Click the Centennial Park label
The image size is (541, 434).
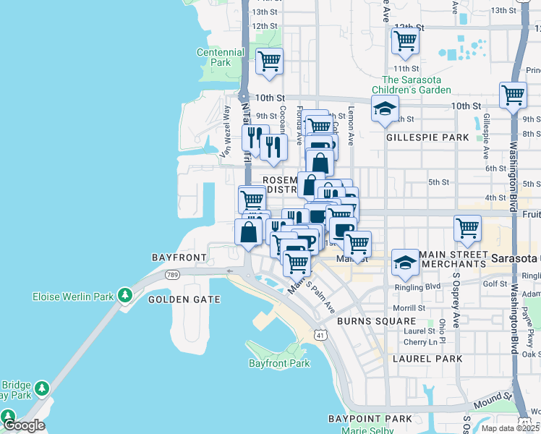(x=221, y=57)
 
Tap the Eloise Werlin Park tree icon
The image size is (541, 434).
(x=125, y=295)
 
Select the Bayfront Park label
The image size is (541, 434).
(x=278, y=363)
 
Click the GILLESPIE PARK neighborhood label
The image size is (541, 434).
(x=427, y=137)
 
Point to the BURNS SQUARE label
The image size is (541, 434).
(x=376, y=320)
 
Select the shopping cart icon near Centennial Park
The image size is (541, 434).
(x=269, y=62)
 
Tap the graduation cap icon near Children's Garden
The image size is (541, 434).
(x=385, y=110)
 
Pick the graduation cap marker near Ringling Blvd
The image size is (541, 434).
(x=405, y=262)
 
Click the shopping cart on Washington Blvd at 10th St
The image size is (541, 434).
(x=513, y=95)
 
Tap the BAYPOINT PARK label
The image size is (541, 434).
(x=370, y=419)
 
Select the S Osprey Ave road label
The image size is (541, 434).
(x=456, y=289)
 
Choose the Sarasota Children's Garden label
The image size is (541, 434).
(x=416, y=85)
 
